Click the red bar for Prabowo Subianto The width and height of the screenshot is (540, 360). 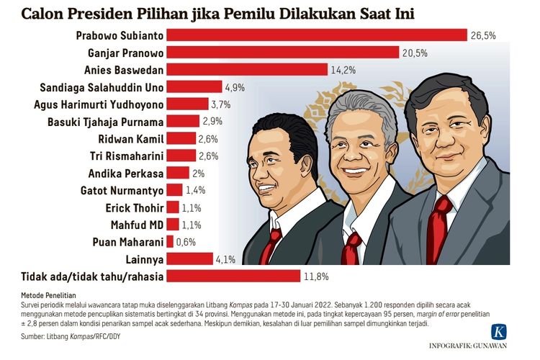317,35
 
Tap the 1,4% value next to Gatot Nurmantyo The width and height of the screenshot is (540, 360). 196,190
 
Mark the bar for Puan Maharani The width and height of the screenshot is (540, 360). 170,242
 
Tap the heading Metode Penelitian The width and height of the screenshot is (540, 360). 44,295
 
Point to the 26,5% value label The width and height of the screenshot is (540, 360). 484,35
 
